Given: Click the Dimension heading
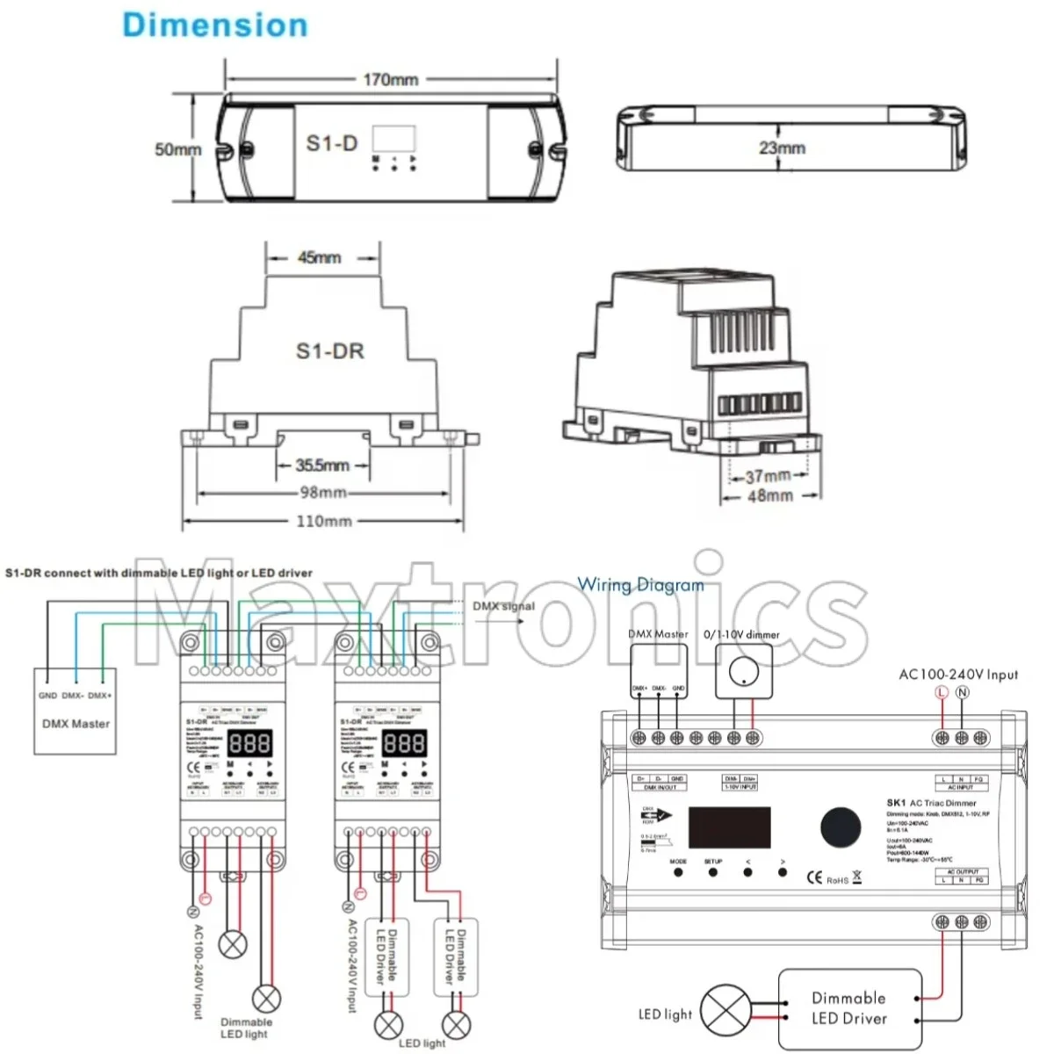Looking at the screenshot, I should pos(215,25).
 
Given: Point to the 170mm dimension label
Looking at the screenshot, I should pos(390,80).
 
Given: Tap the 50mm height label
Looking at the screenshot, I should pos(178,149).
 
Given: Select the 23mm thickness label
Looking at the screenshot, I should pos(782,148).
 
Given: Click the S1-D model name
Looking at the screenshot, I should pos(331,143).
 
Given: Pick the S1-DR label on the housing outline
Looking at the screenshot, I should pos(329,351).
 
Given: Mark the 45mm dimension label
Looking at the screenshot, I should pos(319,258).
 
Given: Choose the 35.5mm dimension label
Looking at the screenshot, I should pos(321,465).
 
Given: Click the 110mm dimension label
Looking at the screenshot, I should pos(323,521).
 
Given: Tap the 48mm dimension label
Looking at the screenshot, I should pos(769,496).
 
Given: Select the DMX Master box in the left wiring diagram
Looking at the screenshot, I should pos(76,711).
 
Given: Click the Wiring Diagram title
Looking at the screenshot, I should pos(640,585).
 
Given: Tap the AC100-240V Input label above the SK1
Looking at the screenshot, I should pos(958,675).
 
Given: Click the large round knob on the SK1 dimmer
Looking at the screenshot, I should pos(841,827).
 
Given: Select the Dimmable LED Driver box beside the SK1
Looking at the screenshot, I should pos(849,1008).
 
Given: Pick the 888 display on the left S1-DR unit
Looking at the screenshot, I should pos(249,745).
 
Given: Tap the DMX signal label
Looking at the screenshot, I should pos(503,606).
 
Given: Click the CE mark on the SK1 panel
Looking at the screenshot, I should pos(814,877).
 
